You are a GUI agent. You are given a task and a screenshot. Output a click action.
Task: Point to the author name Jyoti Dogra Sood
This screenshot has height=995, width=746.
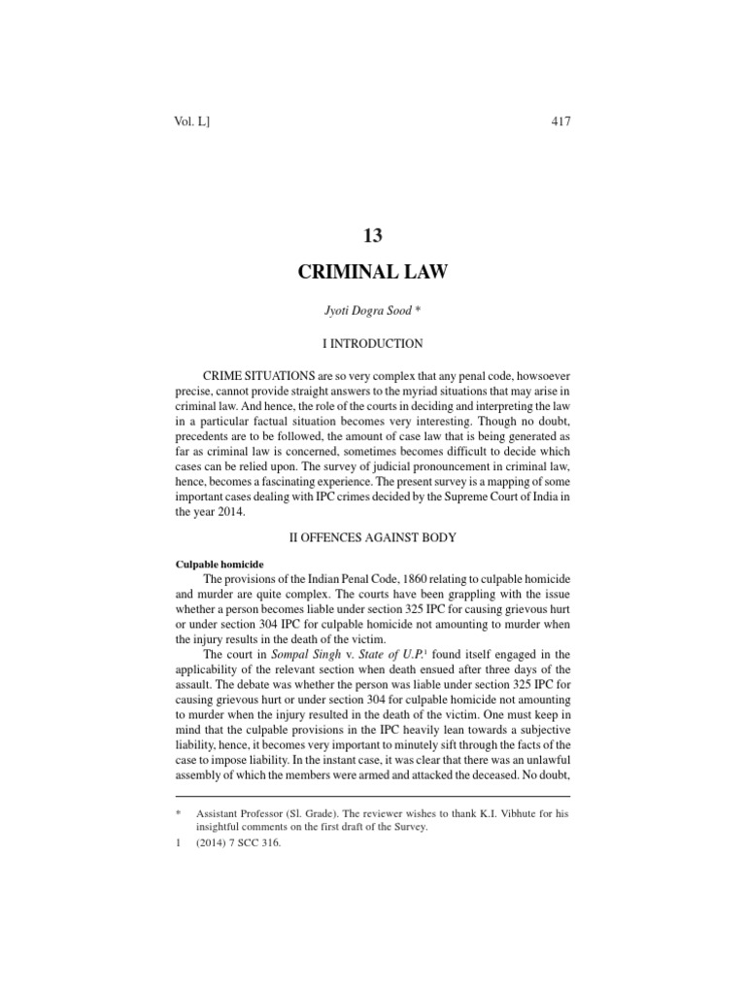[368, 310]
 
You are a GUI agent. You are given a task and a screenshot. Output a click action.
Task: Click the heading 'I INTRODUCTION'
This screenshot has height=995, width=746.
[373, 343]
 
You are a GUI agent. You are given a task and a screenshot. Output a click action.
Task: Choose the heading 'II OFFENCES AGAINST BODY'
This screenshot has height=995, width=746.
[373, 535]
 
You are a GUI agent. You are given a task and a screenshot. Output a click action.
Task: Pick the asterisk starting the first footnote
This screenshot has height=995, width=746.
[178, 812]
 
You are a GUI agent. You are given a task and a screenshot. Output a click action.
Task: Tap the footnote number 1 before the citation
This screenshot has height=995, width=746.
[178, 843]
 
